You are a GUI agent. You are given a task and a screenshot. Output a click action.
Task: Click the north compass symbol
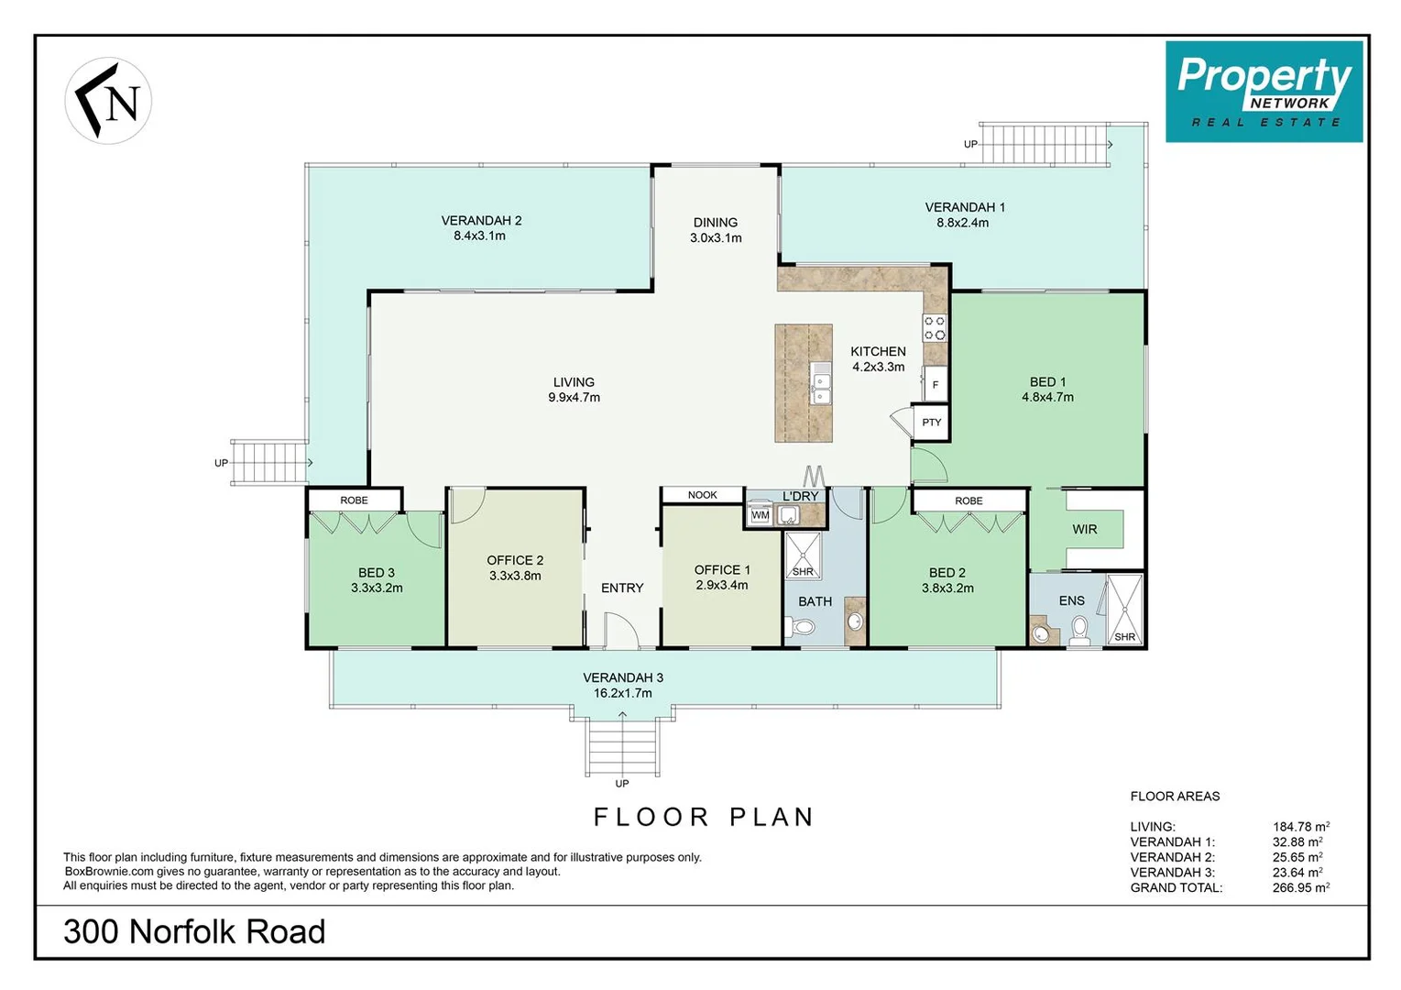[108, 100]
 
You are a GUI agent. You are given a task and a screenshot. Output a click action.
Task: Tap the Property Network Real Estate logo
[1264, 92]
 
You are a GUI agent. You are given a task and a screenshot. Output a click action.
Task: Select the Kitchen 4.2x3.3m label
[878, 359]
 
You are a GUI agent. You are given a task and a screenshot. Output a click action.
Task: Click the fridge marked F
[935, 383]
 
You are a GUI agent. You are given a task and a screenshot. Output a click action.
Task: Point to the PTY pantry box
[931, 423]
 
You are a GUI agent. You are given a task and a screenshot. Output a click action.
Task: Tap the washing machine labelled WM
[760, 515]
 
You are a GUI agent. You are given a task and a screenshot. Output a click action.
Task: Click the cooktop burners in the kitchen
[935, 328]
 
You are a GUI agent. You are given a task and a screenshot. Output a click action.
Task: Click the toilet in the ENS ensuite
[1079, 630]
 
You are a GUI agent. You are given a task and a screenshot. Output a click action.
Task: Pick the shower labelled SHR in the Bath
[803, 555]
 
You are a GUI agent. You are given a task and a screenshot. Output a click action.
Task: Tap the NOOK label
[703, 495]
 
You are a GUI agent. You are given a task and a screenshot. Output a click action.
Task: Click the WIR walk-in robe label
[1085, 530]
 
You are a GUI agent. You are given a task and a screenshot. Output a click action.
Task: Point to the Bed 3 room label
[377, 580]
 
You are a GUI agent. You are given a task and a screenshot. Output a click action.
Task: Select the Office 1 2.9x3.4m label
[722, 577]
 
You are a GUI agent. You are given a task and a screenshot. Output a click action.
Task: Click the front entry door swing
[621, 630]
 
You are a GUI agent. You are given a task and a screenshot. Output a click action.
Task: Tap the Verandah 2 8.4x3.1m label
[481, 227]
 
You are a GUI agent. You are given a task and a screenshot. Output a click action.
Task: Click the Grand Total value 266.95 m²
[1301, 887]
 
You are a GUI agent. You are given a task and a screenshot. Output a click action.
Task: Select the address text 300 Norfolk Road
[194, 931]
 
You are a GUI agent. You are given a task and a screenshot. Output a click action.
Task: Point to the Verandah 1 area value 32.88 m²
[1297, 841]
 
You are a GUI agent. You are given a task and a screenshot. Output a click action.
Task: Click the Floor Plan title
[704, 818]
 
